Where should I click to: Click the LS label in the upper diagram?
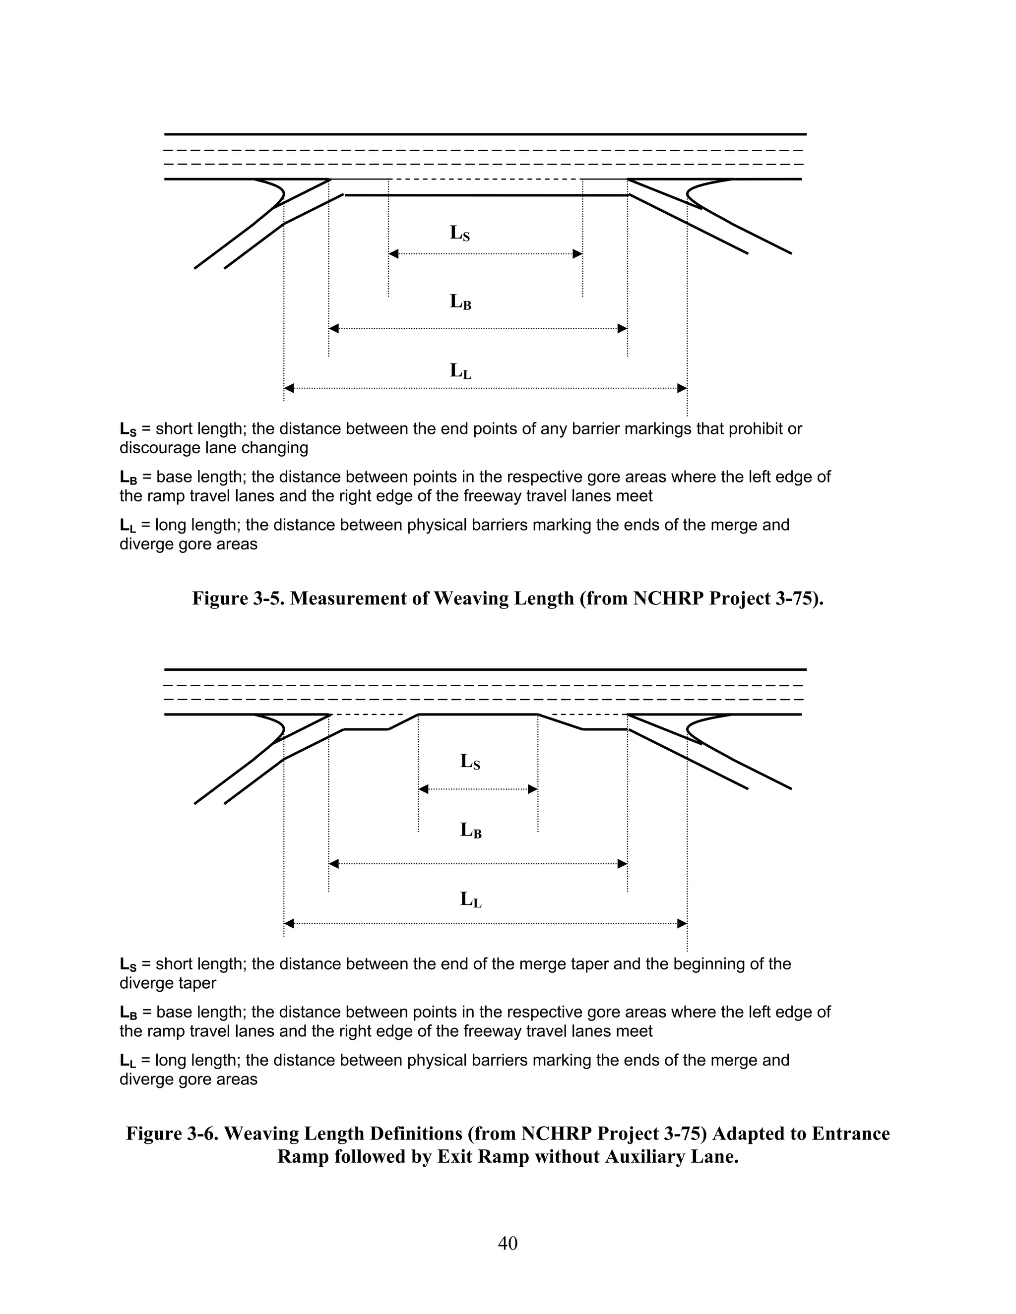460,233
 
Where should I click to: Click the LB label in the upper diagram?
460,301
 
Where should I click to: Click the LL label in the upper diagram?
460,370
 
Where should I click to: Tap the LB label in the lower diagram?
471,830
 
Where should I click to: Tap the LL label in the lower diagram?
471,899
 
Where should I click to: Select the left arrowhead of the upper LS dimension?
393,254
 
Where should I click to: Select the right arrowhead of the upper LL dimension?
682,388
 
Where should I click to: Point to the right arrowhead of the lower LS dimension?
533,789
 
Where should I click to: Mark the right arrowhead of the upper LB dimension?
623,328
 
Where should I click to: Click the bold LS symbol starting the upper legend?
127,429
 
